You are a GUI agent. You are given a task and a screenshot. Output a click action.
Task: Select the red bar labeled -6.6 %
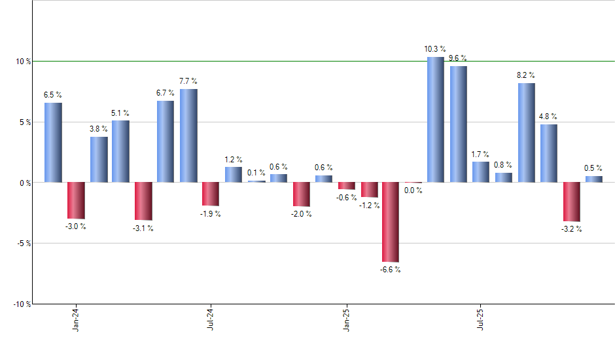(x=391, y=222)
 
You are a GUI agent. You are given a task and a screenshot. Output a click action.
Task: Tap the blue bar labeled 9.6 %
(x=458, y=124)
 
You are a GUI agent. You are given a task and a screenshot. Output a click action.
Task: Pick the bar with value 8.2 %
(x=526, y=132)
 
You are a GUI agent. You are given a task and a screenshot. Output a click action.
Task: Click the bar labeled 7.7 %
(x=188, y=135)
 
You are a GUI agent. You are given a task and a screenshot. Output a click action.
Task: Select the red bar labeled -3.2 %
(x=571, y=202)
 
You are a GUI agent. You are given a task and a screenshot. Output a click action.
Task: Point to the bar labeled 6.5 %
(x=53, y=142)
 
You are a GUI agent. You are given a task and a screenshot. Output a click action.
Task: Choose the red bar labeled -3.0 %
(x=76, y=200)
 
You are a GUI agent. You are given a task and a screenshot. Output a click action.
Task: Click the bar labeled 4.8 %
(x=548, y=153)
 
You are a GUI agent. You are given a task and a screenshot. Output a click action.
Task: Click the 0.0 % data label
(x=413, y=191)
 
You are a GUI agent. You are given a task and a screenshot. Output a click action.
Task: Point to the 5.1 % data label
(x=120, y=113)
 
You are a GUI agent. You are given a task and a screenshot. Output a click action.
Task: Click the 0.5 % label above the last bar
(x=593, y=168)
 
